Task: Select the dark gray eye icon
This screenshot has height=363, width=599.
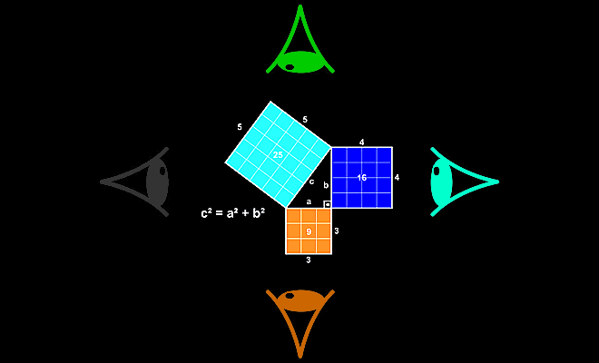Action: (157, 181)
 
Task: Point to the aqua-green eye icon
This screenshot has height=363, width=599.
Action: (442, 181)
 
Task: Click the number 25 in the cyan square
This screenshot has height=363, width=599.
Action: (278, 155)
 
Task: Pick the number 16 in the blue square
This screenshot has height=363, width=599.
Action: (362, 178)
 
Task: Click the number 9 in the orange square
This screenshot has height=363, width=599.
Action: (309, 231)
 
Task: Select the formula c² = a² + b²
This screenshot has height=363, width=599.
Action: (233, 213)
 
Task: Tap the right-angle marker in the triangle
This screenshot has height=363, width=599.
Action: (328, 204)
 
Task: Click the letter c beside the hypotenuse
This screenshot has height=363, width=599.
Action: (311, 181)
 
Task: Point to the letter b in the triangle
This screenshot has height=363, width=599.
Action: (326, 185)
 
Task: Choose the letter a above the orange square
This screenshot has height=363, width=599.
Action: (309, 201)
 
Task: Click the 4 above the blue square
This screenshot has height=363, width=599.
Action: (362, 142)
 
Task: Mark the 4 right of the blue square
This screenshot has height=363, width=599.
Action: (397, 177)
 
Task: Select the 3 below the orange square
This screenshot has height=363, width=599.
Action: (309, 260)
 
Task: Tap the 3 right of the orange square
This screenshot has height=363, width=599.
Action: (337, 231)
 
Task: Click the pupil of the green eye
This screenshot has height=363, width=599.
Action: (290, 67)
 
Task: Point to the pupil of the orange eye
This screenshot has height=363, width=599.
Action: (290, 295)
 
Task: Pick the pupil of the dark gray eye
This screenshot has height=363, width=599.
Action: (162, 171)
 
